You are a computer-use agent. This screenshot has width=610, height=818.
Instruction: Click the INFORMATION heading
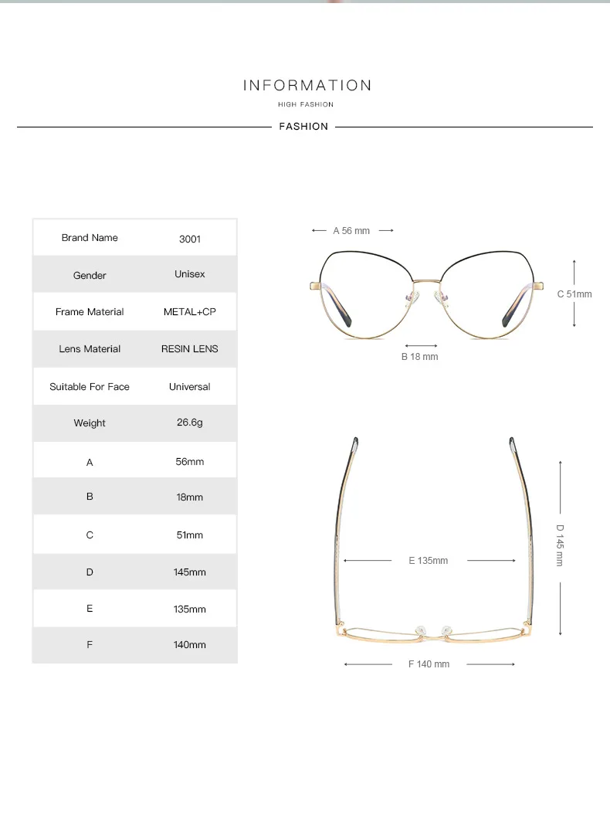(x=307, y=85)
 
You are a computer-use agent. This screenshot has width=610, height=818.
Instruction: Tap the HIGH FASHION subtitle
(x=306, y=104)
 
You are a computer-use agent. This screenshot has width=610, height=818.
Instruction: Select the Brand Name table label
(x=90, y=238)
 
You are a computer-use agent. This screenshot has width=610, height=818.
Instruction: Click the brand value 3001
(x=190, y=239)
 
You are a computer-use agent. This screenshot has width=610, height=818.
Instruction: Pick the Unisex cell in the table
(x=190, y=274)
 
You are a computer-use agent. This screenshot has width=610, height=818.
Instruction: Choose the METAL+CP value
(x=190, y=312)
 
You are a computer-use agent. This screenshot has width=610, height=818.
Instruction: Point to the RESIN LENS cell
(x=190, y=349)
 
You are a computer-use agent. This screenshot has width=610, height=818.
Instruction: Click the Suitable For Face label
(x=90, y=386)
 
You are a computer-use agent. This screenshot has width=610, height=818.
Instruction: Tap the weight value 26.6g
(x=190, y=423)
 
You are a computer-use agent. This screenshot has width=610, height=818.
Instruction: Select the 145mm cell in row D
(x=190, y=572)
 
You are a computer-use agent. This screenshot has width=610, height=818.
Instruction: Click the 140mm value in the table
(x=190, y=644)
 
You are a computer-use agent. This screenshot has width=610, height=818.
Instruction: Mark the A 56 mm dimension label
(x=351, y=231)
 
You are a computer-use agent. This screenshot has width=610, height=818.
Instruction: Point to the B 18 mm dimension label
(x=419, y=357)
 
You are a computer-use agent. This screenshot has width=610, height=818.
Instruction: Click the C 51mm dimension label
(x=574, y=294)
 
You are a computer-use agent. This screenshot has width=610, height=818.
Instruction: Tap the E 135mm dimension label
(x=429, y=561)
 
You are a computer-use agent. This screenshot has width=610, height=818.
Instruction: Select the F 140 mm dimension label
(x=429, y=664)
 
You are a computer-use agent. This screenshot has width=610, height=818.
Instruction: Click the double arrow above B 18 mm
(x=422, y=345)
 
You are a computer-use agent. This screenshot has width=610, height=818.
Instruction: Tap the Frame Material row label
(x=90, y=312)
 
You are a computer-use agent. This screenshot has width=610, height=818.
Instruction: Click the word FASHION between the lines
(x=303, y=127)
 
